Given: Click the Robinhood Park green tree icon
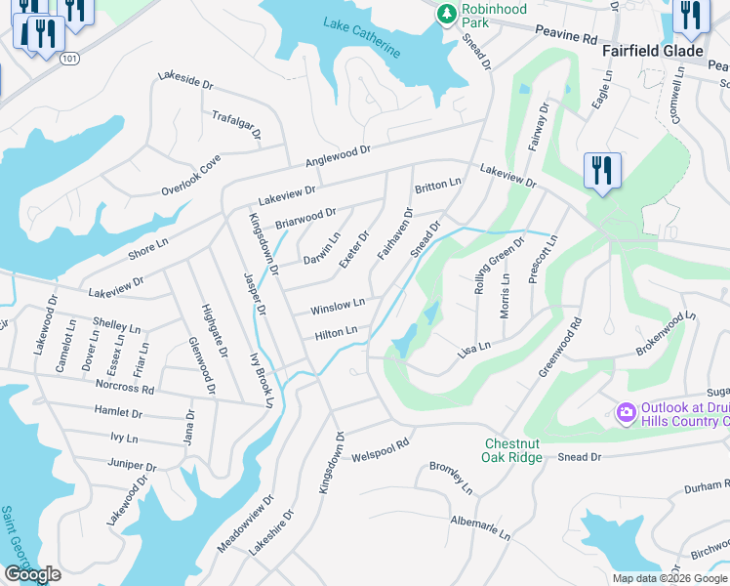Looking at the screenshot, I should (447, 14).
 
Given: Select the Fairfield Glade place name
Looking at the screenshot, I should (652, 51).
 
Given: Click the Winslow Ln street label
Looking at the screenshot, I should (338, 308).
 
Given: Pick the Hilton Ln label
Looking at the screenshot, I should (336, 334).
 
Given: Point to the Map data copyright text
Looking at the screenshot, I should (669, 578).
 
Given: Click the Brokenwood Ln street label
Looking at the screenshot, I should (666, 332).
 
